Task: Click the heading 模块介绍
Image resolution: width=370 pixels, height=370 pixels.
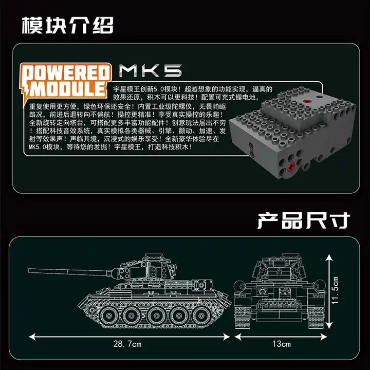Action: tap(68, 25)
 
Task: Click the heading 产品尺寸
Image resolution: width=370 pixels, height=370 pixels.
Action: tap(304, 220)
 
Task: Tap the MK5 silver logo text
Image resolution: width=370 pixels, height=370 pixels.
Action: tap(151, 70)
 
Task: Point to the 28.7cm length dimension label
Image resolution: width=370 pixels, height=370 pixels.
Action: tap(127, 344)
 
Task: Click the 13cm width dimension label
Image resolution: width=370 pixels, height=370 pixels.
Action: tap(282, 344)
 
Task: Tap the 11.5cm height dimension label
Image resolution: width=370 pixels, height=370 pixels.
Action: tap(335, 290)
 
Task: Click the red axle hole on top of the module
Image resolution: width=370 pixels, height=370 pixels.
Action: tap(307, 101)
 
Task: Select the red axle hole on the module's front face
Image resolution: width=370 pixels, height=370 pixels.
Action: tap(290, 167)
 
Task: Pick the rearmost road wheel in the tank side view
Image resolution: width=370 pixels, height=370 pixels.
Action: tap(201, 316)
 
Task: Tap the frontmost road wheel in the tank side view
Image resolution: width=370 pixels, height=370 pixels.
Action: tap(109, 316)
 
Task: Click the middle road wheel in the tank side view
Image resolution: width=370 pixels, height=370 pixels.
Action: tap(155, 316)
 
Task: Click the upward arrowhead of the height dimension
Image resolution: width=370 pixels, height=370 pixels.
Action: tap(329, 257)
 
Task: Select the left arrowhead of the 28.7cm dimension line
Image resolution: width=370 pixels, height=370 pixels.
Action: tap(32, 337)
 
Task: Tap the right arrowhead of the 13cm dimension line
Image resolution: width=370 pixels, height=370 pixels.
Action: tap(324, 337)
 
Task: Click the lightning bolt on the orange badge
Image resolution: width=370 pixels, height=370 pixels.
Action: tap(26, 93)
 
